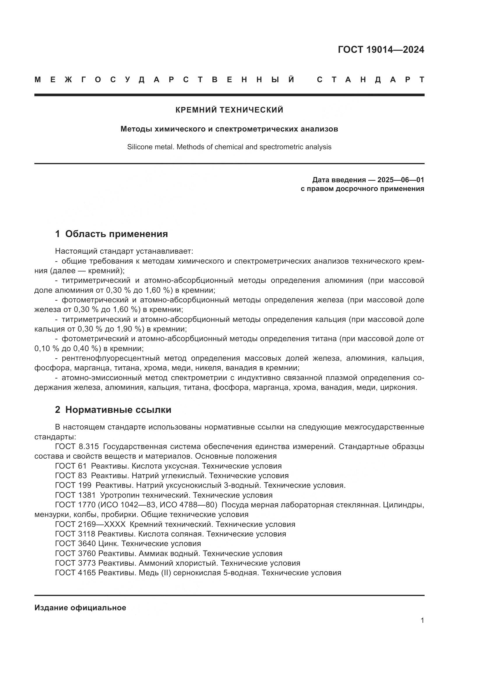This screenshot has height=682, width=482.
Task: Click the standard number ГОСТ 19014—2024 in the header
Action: tap(381, 50)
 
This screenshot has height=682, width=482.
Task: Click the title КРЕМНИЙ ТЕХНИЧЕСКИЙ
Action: tap(229, 110)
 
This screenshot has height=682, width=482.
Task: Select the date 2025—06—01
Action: tap(400, 180)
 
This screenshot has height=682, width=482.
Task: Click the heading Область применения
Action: tap(116, 234)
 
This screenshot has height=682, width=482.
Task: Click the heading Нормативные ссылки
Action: tap(118, 410)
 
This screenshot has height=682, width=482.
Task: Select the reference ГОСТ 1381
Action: tap(75, 495)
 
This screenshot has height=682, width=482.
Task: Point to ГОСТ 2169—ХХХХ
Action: tap(90, 524)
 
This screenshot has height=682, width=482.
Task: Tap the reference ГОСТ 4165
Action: tap(75, 573)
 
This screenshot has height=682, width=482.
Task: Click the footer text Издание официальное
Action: tap(80, 608)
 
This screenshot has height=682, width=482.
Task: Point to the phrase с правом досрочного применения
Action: tap(362, 189)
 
